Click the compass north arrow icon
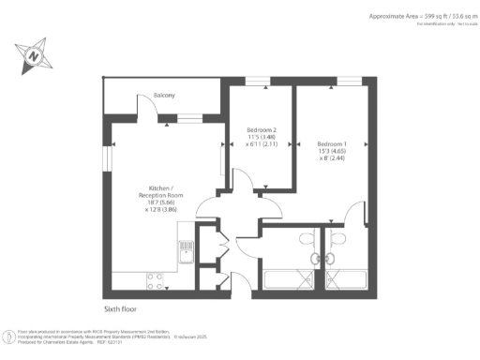[x=34, y=55]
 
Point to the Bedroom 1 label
[x=332, y=130]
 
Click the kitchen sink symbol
[x=187, y=249]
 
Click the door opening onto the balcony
[x=150, y=107]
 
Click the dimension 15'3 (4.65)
[x=332, y=138]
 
